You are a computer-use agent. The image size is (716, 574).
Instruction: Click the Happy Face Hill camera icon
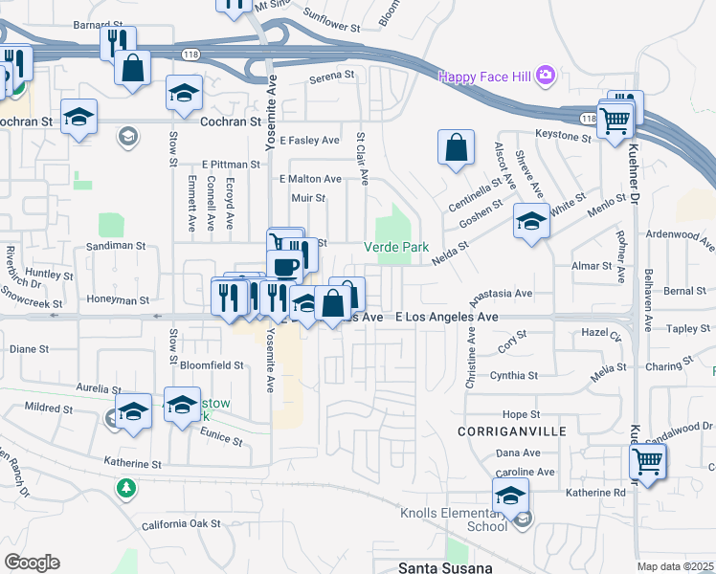(546, 76)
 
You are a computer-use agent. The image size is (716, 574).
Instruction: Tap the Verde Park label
(394, 247)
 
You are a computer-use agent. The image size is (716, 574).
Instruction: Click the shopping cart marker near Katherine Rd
(648, 462)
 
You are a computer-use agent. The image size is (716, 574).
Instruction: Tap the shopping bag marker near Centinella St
(457, 148)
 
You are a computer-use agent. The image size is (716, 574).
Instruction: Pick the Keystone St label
(564, 137)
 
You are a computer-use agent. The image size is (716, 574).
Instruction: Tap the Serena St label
(325, 77)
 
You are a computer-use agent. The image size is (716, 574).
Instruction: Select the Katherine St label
(132, 464)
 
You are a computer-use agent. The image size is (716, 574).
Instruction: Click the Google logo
(33, 563)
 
